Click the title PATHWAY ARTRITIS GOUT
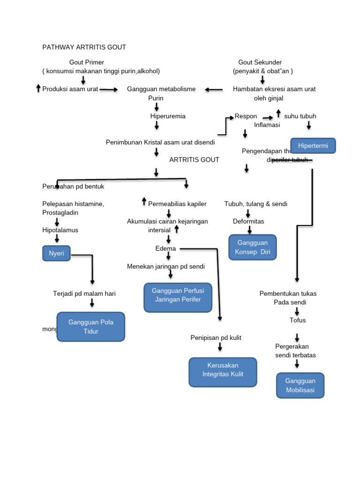point(84,47)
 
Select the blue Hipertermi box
point(313,146)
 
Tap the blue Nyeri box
point(56,254)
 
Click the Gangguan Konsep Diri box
point(252,247)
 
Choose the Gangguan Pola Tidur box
point(91,327)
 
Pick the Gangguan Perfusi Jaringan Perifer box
point(178,297)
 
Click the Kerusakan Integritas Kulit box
point(223,372)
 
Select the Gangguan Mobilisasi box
point(300,385)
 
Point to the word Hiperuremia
point(168,116)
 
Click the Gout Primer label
point(87,62)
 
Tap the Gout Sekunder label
point(260,62)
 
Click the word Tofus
point(298,320)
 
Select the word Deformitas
point(248,221)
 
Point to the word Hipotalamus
point(60,230)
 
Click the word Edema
point(166,248)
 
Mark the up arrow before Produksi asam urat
point(38,88)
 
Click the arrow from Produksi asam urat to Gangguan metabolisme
point(109,90)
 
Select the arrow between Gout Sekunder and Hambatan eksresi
point(262,80)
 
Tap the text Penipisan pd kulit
point(216,337)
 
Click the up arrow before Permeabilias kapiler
point(144,202)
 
